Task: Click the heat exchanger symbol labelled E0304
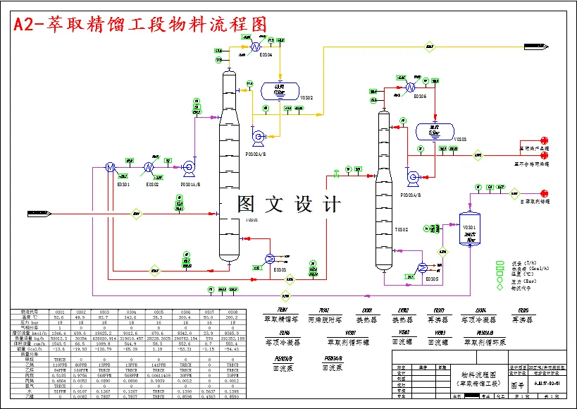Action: pyautogui.click(x=252, y=47)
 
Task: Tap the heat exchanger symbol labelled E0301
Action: pyautogui.click(x=110, y=167)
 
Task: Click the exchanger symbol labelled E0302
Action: pyautogui.click(x=149, y=167)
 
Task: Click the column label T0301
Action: pyautogui.click(x=252, y=219)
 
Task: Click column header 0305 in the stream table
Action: pyautogui.click(x=159, y=311)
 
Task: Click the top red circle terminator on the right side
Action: pyautogui.click(x=544, y=140)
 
